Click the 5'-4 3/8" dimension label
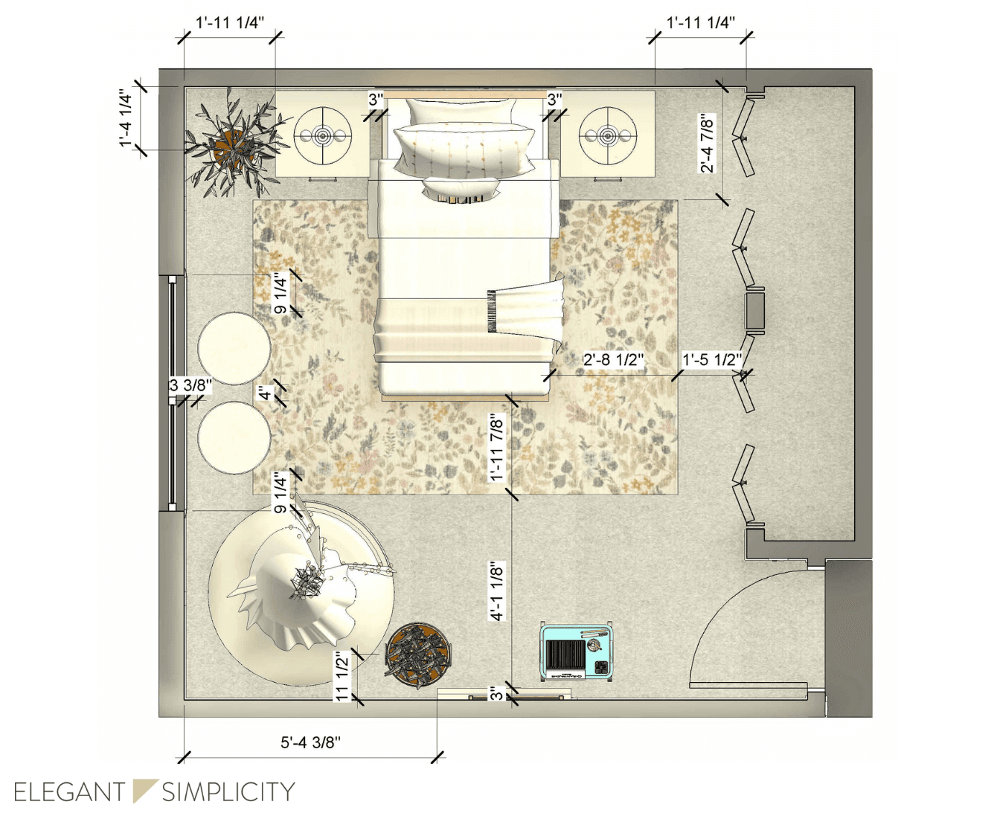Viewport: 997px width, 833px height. (310, 742)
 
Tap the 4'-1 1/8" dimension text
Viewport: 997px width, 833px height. (496, 591)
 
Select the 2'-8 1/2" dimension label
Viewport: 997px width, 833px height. (614, 359)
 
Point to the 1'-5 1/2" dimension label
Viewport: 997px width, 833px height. (712, 359)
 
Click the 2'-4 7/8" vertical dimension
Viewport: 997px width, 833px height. (707, 144)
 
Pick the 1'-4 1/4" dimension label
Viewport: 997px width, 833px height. (125, 118)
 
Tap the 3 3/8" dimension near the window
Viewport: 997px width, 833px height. (190, 385)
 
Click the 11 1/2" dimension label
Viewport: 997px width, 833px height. (343, 676)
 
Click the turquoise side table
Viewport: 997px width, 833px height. (577, 652)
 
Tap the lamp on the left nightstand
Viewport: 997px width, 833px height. (322, 136)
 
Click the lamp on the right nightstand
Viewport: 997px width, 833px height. (607, 136)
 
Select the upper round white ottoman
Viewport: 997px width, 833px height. (234, 349)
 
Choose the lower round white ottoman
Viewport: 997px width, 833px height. (234, 437)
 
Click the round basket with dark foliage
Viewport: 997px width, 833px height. (418, 654)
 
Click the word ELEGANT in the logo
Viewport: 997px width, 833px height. (70, 792)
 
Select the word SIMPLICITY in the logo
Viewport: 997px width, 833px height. (228, 792)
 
